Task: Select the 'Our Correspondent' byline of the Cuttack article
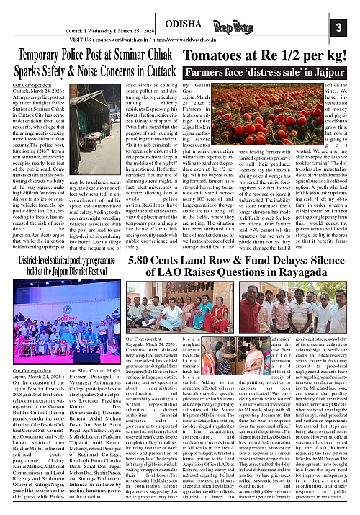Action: pyautogui.click(x=28, y=86)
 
